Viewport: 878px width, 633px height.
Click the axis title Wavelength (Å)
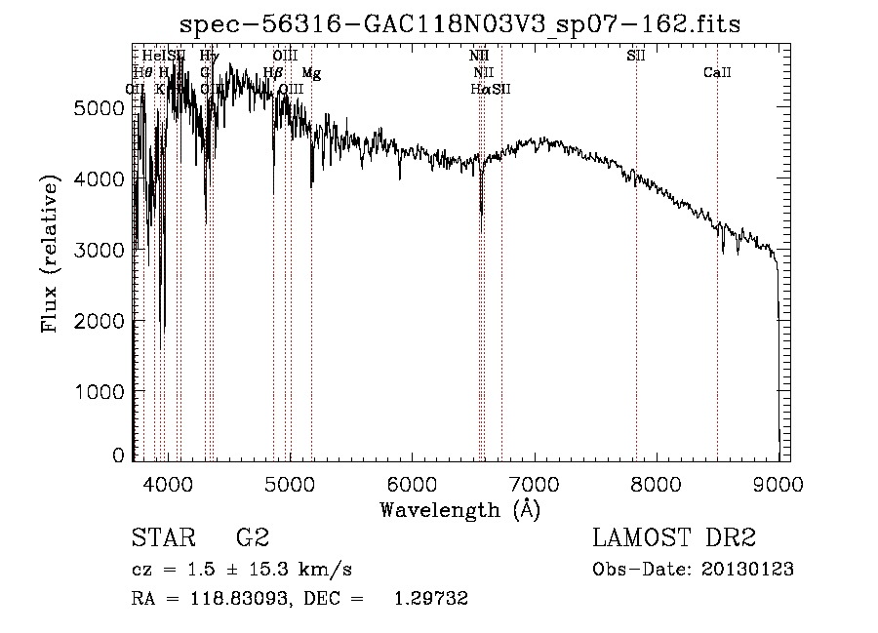point(459,510)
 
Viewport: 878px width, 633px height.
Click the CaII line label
point(717,73)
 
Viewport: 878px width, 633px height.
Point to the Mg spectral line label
point(310,73)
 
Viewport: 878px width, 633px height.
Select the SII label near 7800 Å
point(635,57)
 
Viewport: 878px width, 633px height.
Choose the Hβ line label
point(273,73)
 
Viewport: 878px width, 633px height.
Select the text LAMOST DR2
point(674,538)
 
